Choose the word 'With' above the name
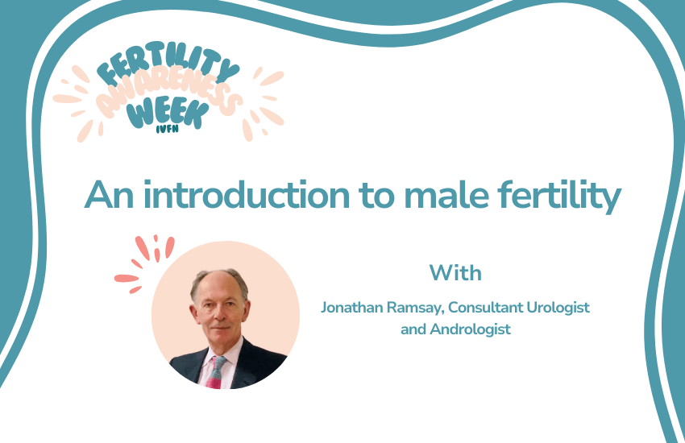pyautogui.click(x=455, y=272)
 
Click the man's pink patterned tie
pyautogui.click(x=216, y=370)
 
